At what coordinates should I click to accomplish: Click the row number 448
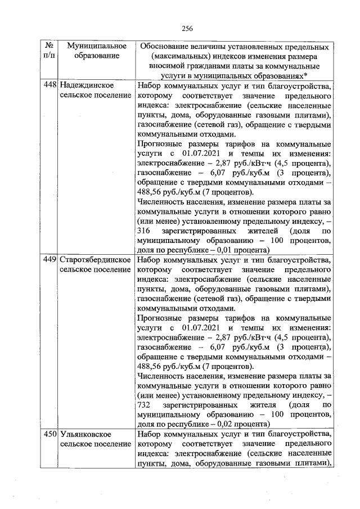[x=50, y=85]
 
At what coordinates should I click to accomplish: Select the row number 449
[x=50, y=260]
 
